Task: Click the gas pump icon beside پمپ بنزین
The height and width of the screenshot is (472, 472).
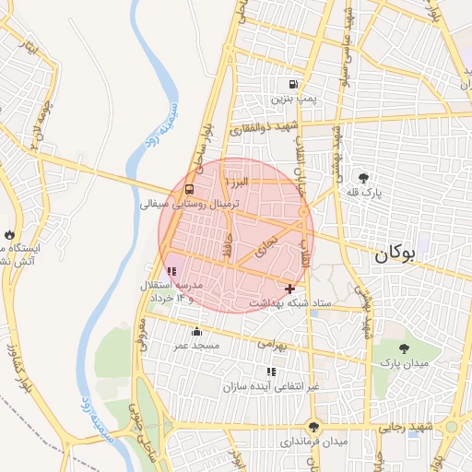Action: [293, 82]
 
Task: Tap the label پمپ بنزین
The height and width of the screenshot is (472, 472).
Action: [293, 97]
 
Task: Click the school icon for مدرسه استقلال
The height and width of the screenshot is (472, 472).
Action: [171, 272]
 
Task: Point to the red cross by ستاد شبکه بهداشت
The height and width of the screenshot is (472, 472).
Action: [290, 289]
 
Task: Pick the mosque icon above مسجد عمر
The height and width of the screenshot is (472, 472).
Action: [195, 332]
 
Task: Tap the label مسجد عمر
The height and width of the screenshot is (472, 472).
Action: [196, 346]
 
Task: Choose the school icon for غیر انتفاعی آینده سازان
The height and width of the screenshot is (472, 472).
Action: [271, 372]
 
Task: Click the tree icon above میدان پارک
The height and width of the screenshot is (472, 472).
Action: [405, 348]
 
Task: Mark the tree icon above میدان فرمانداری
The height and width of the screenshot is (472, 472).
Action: [315, 426]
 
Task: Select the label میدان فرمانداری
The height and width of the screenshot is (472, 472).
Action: [314, 442]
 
